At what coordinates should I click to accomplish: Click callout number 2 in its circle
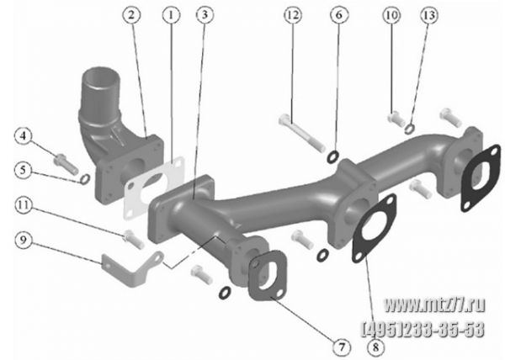point(131,15)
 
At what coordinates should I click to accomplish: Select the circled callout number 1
point(171,15)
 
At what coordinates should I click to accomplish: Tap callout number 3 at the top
point(205,15)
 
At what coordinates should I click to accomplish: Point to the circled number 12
point(293,15)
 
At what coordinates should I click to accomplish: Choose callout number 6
point(339,15)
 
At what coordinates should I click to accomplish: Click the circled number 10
point(391,15)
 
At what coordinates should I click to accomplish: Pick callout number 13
point(429,15)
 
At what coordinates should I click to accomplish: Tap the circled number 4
point(23,136)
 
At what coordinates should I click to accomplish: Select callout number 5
point(23,170)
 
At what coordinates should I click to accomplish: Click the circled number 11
point(24,205)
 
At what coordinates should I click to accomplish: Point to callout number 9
point(24,241)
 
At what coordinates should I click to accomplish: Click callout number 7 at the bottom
point(342,347)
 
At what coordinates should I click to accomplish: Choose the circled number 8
point(376,347)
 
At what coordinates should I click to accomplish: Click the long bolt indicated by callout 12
point(302,133)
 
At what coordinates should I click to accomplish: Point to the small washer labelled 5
point(85,179)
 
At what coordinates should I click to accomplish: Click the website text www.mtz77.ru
point(435,304)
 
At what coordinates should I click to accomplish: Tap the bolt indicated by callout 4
point(66,164)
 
